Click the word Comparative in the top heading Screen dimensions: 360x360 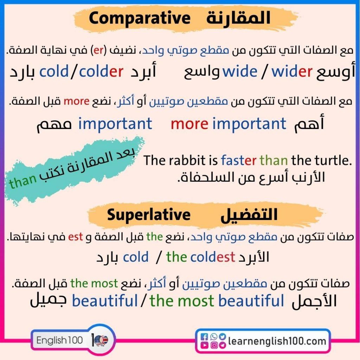(x=139, y=19)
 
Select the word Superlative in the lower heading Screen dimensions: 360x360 (x=149, y=215)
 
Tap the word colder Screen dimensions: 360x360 (x=101, y=72)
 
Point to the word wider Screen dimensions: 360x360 (x=292, y=72)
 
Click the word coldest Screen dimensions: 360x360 (x=212, y=257)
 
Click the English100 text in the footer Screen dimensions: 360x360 (x=60, y=340)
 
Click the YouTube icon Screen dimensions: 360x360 (x=204, y=345)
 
